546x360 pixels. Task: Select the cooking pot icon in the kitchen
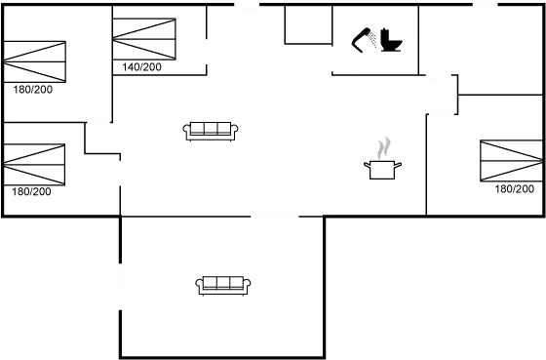[x=382, y=168]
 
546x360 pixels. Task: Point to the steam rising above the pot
[x=384, y=146]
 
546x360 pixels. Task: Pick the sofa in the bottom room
[x=224, y=284]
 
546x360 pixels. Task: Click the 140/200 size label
[x=143, y=67]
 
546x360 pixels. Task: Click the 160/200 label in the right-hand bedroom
[x=514, y=188]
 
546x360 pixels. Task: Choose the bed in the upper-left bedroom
[x=35, y=60]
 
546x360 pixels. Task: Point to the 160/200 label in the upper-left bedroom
[x=33, y=89]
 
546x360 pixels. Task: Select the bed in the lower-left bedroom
[x=34, y=164]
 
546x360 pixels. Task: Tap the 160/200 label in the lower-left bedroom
[x=32, y=192]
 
